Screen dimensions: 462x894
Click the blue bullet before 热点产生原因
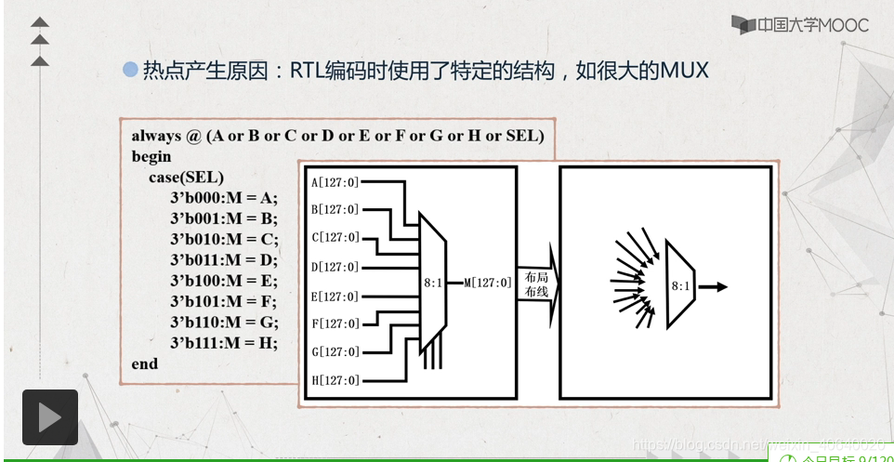click(130, 70)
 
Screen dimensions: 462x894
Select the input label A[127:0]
click(335, 182)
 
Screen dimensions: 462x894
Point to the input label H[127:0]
click(335, 380)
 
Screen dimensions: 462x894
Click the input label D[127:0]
click(335, 268)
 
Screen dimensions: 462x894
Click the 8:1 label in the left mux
click(432, 282)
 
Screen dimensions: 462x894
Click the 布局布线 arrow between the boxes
click(538, 284)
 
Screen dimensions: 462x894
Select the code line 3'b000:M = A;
click(223, 197)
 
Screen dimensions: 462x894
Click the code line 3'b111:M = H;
click(223, 342)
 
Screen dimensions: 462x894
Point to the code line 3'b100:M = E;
click(223, 280)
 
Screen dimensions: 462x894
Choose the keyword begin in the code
click(151, 156)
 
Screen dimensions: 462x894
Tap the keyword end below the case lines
click(145, 363)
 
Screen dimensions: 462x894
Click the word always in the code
click(156, 136)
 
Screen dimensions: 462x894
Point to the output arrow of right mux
click(713, 286)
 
